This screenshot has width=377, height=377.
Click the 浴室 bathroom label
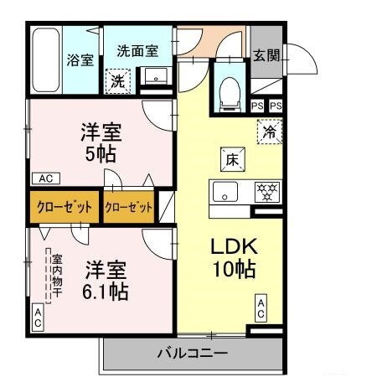coord(80,60)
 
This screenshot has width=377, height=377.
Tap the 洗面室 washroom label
coord(137,50)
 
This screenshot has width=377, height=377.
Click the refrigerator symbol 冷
coord(270,132)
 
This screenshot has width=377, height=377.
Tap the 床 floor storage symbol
coord(230,158)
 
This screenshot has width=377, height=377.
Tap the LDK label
coord(233,249)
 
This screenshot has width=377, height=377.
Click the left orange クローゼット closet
coord(65,208)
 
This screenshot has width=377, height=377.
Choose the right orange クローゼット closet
coord(129,208)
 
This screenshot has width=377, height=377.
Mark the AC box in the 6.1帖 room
coord(38,315)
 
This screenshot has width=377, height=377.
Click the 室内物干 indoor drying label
coord(56,271)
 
